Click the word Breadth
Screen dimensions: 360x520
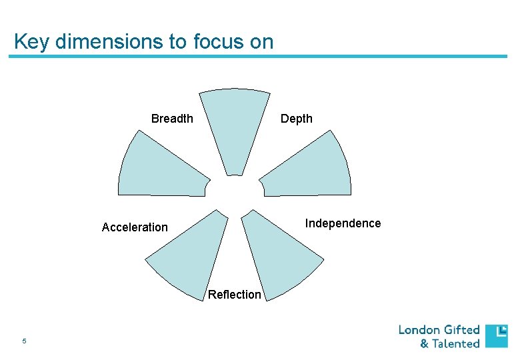(172, 119)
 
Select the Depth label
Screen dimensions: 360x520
(296, 119)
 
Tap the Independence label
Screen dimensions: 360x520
(343, 223)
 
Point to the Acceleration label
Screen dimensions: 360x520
(135, 227)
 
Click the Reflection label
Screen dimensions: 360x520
(235, 295)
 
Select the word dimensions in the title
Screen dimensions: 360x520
(111, 42)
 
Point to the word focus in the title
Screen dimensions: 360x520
(216, 42)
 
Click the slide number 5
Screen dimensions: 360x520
(24, 341)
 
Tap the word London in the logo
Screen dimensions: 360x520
(419, 330)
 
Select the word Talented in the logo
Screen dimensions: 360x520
(456, 344)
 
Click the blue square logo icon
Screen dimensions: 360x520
(496, 336)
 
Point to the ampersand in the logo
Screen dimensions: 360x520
(424, 344)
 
